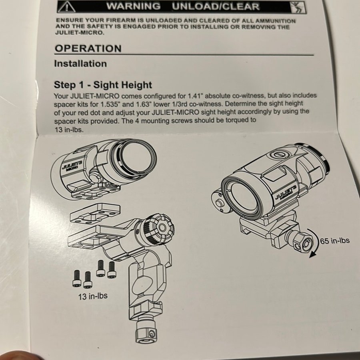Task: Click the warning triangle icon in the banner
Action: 66,7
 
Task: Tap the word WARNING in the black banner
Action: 133,6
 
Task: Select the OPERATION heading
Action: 88,48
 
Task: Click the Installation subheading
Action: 80,64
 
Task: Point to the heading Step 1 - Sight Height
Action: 103,85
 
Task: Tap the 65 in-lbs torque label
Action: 335,241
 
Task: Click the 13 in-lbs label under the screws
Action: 93,296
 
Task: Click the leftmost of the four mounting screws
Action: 77,278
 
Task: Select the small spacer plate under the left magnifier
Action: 95,213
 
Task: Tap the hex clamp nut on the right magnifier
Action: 303,241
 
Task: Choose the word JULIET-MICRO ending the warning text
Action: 80,32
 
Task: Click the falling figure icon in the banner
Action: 298,8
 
